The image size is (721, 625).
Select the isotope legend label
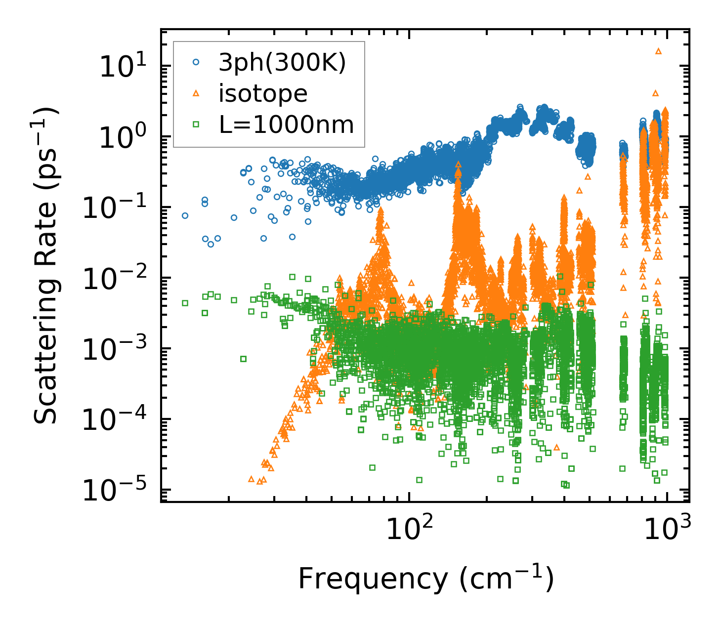263,94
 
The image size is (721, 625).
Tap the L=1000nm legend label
287,125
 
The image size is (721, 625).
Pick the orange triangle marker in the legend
196,93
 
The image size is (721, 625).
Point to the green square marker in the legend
196,125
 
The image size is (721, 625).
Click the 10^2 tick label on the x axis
409,529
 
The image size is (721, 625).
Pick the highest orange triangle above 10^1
658,51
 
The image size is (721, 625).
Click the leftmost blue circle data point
185,215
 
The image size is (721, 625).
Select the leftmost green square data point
185,303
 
